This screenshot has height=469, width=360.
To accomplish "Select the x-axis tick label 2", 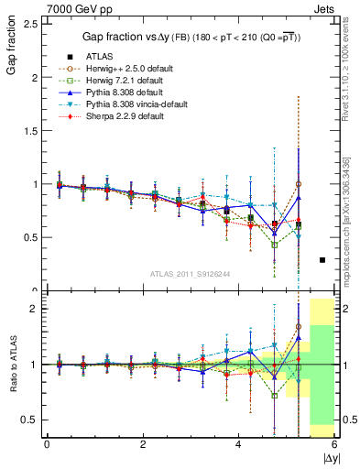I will (x=143, y=443).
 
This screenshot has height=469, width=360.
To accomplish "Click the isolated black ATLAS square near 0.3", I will (x=322, y=260).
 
